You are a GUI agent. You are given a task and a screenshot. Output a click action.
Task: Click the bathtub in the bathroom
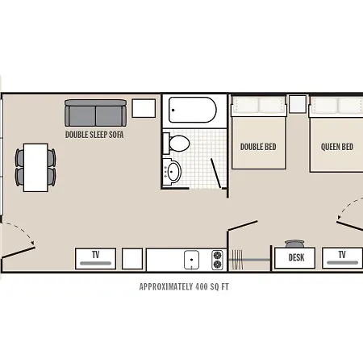point(193,110)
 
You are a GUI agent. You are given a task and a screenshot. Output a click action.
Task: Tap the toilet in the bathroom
point(177,144)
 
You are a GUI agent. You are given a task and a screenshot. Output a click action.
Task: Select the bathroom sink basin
point(173,171)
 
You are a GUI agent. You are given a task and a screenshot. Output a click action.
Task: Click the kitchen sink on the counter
point(191,260)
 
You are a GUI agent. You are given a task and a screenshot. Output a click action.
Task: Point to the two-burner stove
point(217,260)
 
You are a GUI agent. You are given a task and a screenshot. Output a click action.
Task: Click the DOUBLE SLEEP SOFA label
point(94,135)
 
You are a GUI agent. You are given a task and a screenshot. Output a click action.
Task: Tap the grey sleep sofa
point(95,113)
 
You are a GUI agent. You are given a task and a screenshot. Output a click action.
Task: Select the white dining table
point(35,168)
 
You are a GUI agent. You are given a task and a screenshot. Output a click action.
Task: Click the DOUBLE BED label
point(258,147)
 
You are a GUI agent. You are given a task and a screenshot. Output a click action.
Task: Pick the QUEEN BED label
point(337,147)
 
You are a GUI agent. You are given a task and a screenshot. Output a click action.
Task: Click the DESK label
point(296,257)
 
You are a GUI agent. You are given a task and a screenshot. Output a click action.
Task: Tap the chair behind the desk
point(294,244)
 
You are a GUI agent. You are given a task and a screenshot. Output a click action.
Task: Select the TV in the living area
point(96,258)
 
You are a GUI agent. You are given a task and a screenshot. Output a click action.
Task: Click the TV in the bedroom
point(342,258)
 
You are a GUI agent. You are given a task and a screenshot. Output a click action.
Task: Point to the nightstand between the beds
point(298,104)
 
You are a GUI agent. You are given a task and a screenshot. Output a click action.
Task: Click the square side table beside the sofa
point(144,108)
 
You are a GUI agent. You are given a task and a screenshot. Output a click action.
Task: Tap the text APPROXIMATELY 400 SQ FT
point(184,286)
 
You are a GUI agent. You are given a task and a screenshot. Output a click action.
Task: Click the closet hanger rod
point(249,260)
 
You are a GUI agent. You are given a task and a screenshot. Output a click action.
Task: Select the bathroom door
point(215,173)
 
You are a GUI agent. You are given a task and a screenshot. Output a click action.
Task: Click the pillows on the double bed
point(258,105)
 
